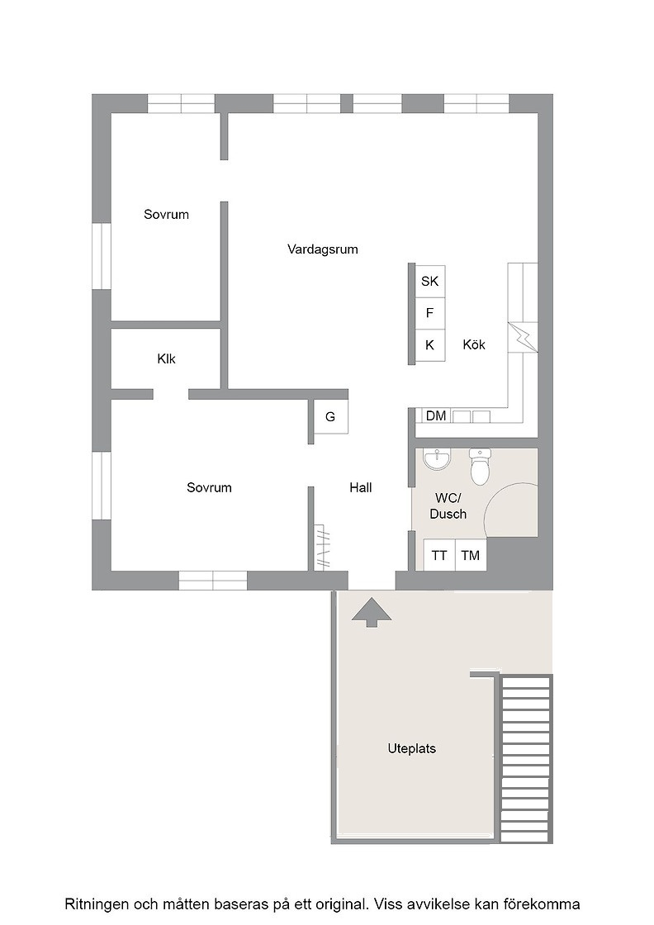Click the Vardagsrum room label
coord(323,249)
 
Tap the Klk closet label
coord(166,358)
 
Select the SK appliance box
coord(430,282)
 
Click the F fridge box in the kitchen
coord(430,313)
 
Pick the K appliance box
coord(430,345)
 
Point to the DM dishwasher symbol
coord(436,416)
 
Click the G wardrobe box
coord(330,417)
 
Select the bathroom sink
coord(437,459)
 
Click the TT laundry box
coord(439,555)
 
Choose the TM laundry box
coord(471,555)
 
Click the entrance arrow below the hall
coord(372,612)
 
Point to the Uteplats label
coord(411,748)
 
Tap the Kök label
coord(474,344)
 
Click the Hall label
coord(360,488)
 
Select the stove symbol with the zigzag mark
coord(523,338)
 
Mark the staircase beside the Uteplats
coord(525,758)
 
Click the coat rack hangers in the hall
coord(323,548)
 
